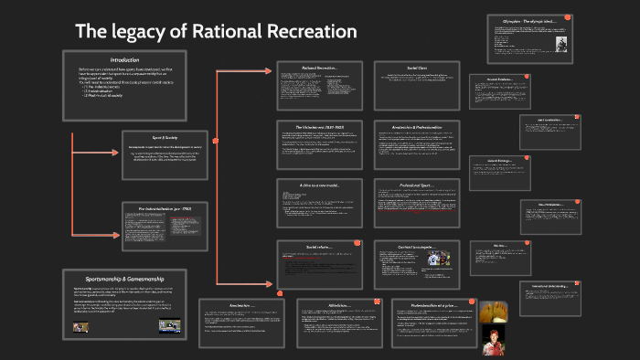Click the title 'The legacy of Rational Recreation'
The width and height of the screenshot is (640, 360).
(x=215, y=32)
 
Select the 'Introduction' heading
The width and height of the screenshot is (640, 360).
(x=124, y=59)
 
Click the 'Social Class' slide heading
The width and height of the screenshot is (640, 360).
(x=417, y=68)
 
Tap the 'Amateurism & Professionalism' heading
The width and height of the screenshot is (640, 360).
(x=417, y=126)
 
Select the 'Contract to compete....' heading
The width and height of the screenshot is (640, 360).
(x=417, y=246)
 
